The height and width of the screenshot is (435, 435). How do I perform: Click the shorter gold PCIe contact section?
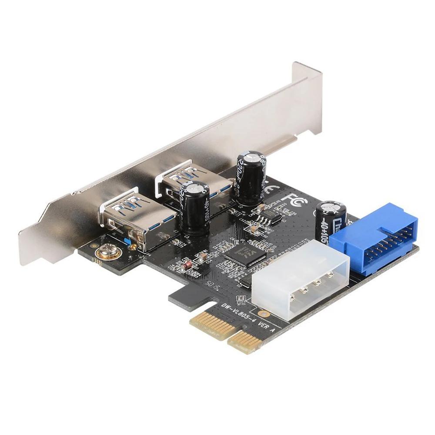coord(246,339)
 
